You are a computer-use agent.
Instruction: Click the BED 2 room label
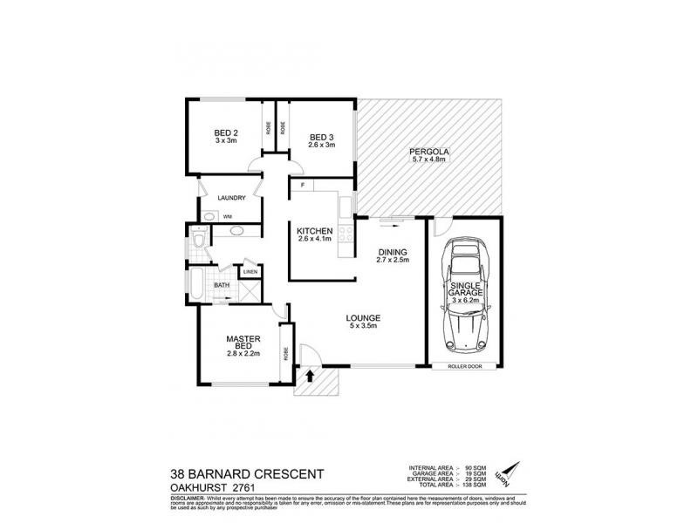226,133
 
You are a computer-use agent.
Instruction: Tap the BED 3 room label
321,137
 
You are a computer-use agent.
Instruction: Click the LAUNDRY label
231,198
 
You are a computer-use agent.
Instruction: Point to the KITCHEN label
316,230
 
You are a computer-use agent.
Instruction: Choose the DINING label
393,252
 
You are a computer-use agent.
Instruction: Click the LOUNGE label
362,317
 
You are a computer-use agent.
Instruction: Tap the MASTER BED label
239,343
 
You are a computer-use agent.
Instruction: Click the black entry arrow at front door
311,377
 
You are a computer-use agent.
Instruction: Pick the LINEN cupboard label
250,272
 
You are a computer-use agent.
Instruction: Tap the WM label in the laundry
227,216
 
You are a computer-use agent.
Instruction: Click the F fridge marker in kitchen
301,186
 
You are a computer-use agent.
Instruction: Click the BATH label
222,284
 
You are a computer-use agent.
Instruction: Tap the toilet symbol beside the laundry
199,239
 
